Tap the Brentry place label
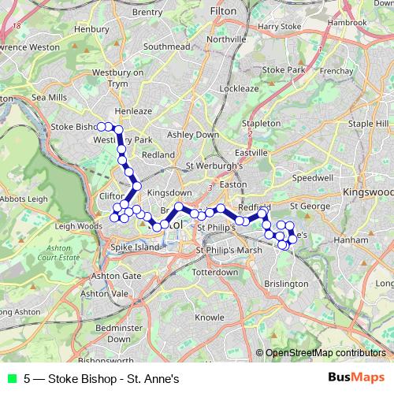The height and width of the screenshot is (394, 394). click(x=147, y=12)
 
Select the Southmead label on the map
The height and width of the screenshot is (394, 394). click(x=167, y=47)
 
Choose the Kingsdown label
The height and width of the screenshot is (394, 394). click(x=169, y=192)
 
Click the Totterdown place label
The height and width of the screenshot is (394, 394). click(x=215, y=272)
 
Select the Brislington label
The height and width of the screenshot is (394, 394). click(x=287, y=283)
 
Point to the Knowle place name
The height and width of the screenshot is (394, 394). click(x=210, y=318)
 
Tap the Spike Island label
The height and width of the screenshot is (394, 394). click(x=136, y=247)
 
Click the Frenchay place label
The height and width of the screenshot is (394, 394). click(x=336, y=71)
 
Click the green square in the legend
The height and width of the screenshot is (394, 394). click(x=12, y=377)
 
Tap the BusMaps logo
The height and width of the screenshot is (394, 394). click(x=357, y=377)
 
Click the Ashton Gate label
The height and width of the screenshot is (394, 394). click(x=116, y=276)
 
